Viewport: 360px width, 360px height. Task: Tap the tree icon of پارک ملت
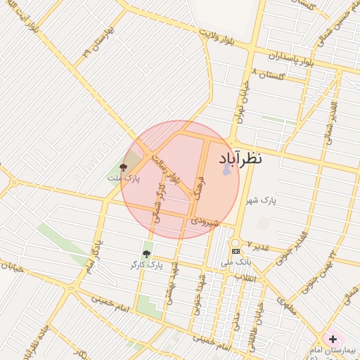click(x=124, y=167)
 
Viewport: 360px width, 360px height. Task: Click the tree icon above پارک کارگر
click(x=146, y=254)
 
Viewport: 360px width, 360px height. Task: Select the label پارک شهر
click(x=261, y=201)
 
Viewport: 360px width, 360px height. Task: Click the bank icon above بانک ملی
click(x=236, y=251)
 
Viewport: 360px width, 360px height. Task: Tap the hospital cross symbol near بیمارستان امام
click(x=333, y=339)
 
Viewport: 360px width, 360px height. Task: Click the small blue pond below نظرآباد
click(x=226, y=169)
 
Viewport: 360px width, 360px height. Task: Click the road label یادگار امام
click(x=97, y=254)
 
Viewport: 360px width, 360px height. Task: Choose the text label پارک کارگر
click(x=146, y=265)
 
